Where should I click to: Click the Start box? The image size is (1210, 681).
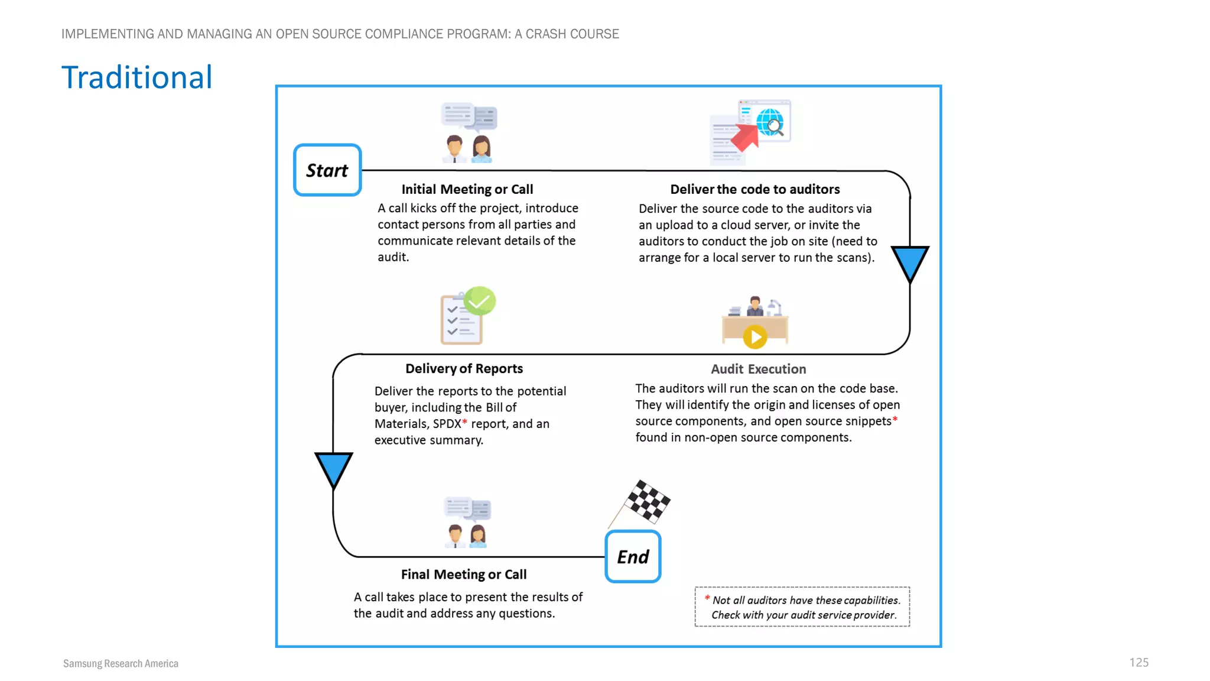point(327,170)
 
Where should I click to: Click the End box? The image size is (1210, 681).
point(633,557)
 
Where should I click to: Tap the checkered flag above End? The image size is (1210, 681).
point(647,502)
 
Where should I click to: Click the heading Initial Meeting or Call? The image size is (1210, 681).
point(467,189)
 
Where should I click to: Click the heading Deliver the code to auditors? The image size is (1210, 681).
point(754,189)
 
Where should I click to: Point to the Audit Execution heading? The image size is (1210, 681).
point(758,369)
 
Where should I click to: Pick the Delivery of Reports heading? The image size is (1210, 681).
point(464,368)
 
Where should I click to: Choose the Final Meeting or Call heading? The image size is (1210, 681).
point(463,574)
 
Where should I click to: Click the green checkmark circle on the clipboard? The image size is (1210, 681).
point(480,301)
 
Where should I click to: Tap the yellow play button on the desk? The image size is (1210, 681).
point(754,337)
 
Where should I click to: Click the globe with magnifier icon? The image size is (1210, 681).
point(770,122)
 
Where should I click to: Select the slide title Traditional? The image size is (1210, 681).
point(136,77)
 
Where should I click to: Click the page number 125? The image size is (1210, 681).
point(1139,662)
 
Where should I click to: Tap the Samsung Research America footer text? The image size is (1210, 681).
point(121,663)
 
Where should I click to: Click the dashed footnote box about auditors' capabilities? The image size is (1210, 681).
point(802,607)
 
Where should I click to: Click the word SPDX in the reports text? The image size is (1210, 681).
point(447,424)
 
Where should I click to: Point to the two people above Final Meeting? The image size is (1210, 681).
point(466,535)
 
